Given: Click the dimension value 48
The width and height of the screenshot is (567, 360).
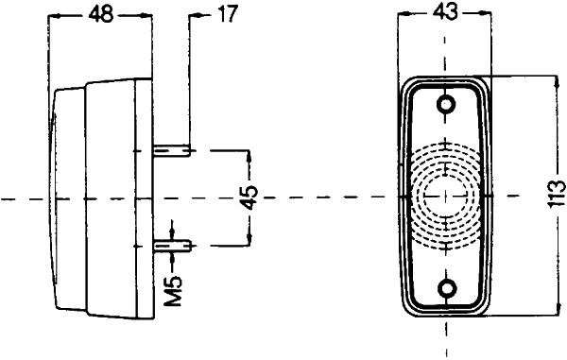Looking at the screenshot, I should [x=100, y=14].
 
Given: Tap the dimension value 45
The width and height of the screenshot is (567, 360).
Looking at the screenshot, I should [x=248, y=197].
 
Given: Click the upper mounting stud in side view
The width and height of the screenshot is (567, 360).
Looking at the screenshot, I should [x=174, y=149].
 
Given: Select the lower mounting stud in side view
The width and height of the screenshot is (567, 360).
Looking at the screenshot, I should [x=174, y=245].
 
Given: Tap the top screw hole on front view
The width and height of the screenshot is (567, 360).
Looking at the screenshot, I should [x=444, y=102].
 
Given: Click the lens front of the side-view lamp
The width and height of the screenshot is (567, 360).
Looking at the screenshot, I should [x=59, y=199].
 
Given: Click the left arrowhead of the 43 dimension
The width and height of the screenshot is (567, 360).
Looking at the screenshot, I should [x=404, y=15].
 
